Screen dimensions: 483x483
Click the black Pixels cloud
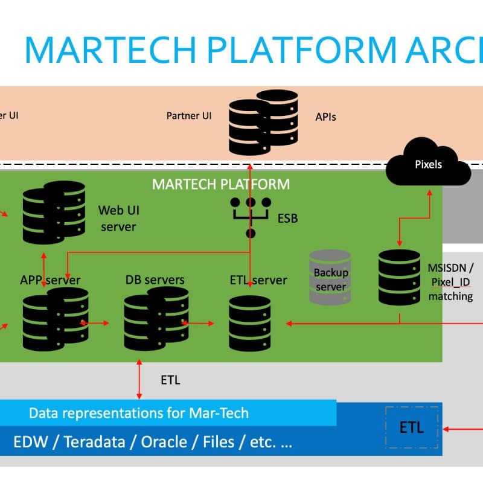coord(429,163)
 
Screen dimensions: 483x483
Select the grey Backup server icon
coord(330,278)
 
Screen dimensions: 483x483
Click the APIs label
coord(325,117)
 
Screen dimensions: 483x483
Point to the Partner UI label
coord(190,115)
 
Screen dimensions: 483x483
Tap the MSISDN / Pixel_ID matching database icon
coord(399,277)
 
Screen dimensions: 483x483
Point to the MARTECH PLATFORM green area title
coord(221,184)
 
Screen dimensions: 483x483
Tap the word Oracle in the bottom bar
coord(164,443)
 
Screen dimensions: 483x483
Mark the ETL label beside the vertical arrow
coord(170,380)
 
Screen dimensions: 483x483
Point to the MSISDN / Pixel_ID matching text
coord(450,281)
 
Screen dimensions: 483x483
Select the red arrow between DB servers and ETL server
coord(197,323)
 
